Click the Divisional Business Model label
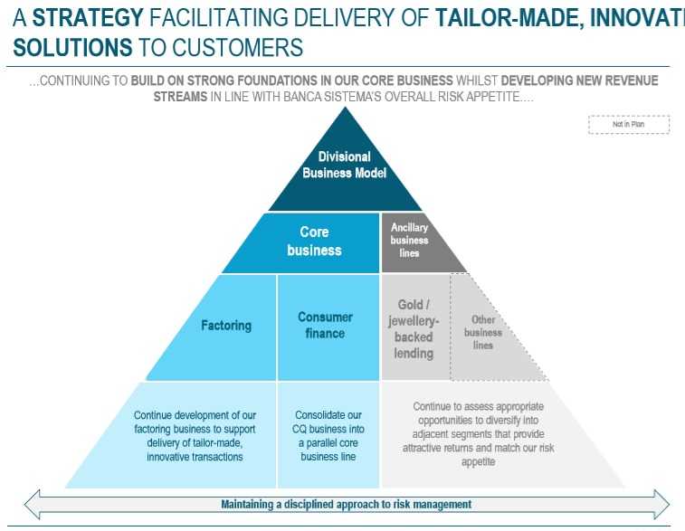(x=344, y=164)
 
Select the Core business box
(x=314, y=241)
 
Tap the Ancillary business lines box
(x=409, y=241)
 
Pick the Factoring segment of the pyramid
(x=226, y=326)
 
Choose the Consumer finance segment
(x=325, y=326)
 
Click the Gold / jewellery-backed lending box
(x=414, y=328)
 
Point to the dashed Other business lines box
(x=483, y=332)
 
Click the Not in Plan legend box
(x=628, y=125)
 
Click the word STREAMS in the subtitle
(x=180, y=97)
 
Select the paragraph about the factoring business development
(x=202, y=436)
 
